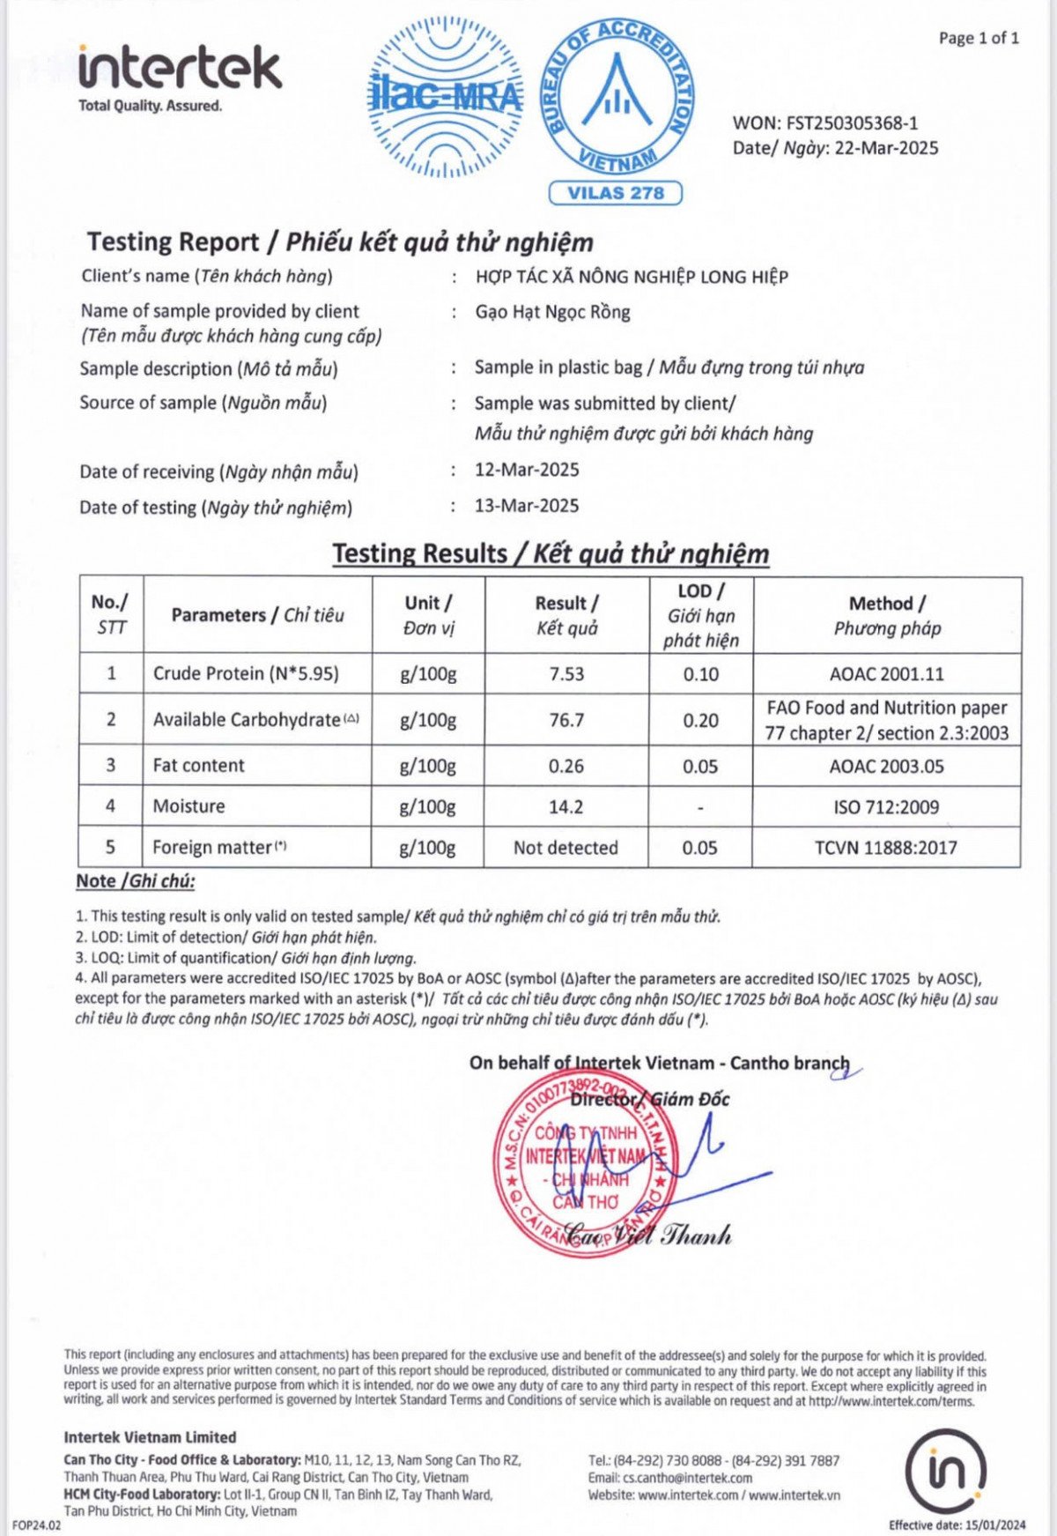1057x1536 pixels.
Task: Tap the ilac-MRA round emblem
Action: [445, 98]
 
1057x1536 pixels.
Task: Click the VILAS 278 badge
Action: [615, 193]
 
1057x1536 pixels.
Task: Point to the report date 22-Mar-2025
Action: [886, 148]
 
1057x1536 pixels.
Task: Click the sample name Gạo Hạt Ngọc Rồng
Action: [552, 312]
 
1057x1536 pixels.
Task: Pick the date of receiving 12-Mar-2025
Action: [527, 470]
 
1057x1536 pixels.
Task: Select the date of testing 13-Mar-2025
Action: [527, 506]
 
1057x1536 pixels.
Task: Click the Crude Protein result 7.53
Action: [566, 674]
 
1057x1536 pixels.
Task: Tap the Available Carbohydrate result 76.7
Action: [566, 720]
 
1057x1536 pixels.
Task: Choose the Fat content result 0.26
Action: [565, 766]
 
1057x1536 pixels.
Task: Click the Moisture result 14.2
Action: [565, 806]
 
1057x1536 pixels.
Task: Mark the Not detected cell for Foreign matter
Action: [565, 848]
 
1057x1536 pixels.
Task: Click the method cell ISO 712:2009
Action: [886, 806]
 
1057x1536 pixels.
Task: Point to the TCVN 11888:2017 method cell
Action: [885, 848]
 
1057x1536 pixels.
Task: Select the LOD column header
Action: [701, 615]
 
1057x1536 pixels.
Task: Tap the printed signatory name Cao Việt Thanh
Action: [647, 1235]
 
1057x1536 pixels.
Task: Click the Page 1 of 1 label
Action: [979, 38]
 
